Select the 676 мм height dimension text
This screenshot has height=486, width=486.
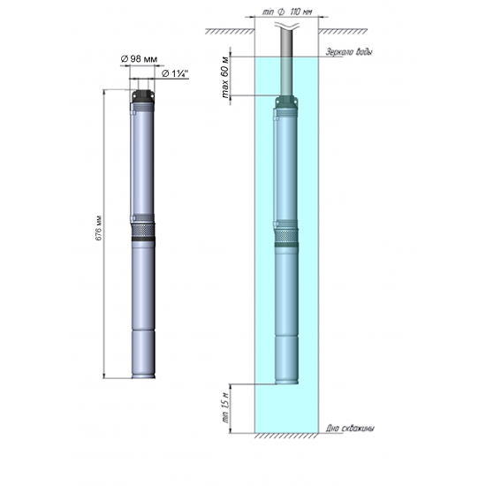(x=99, y=232)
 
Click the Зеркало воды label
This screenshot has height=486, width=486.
(x=348, y=53)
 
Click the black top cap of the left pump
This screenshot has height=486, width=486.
(x=145, y=93)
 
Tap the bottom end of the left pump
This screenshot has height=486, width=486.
(x=145, y=374)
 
